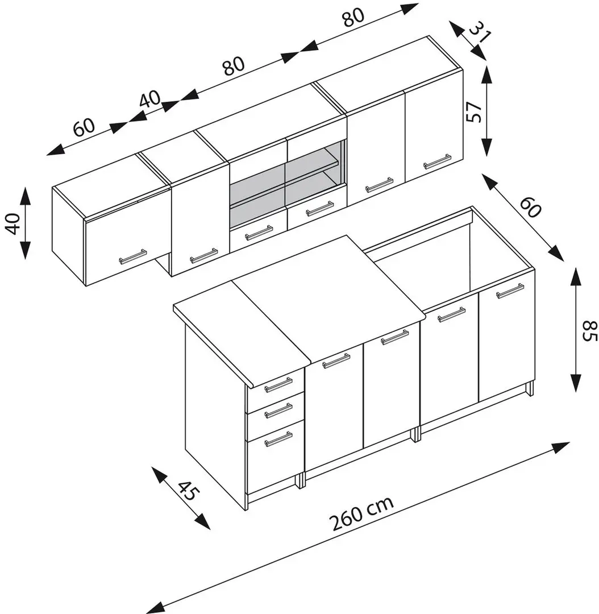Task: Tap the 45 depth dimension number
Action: [188, 489]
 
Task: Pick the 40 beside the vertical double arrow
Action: [13, 222]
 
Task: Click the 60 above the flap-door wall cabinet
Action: [85, 126]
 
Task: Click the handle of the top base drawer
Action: [278, 385]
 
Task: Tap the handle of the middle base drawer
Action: [278, 410]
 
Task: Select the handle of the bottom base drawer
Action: [278, 439]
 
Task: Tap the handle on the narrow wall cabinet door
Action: [203, 256]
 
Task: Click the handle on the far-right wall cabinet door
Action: [437, 161]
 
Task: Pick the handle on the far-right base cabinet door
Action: [510, 291]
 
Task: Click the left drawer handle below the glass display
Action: [259, 233]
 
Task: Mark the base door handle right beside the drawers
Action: [336, 360]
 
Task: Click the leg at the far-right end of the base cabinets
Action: [530, 389]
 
